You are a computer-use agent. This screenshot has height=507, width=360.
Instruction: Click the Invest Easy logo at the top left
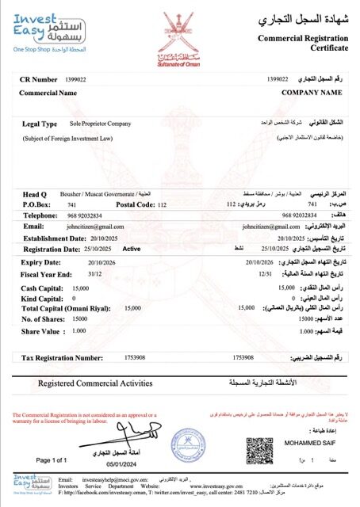40,32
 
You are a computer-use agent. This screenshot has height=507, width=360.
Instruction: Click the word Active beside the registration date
132,248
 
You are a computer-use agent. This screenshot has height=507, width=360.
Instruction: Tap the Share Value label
42,331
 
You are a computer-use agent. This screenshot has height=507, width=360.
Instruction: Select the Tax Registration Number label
66,358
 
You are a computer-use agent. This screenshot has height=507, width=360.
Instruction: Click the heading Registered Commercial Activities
95,383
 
